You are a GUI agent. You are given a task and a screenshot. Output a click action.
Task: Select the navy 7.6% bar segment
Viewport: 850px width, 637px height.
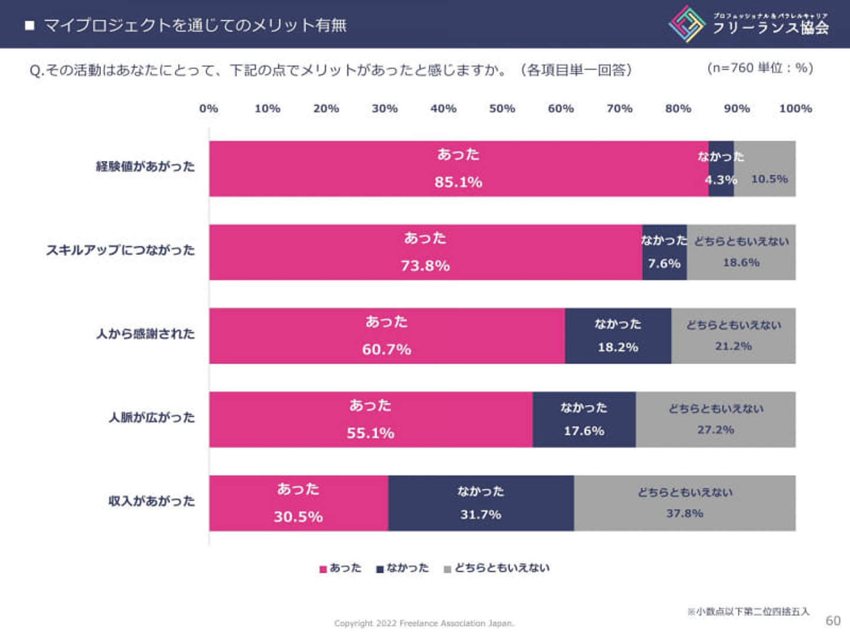[x=664, y=252]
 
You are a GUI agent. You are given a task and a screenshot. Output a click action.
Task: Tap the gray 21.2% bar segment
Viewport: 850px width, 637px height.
[x=733, y=336]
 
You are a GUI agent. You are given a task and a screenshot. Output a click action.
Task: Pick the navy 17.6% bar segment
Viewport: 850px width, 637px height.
[x=584, y=419]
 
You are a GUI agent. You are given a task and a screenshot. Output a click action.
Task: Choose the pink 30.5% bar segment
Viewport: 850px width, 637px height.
[x=298, y=503]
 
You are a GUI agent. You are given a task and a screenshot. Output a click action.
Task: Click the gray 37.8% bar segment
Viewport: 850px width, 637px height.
[x=685, y=503]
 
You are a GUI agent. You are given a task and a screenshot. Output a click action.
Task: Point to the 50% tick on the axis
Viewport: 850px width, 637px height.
[x=502, y=109]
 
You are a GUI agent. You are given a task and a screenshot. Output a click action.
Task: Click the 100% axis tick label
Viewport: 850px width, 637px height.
[x=795, y=109]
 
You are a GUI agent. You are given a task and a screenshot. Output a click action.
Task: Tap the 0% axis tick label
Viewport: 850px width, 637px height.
[x=208, y=109]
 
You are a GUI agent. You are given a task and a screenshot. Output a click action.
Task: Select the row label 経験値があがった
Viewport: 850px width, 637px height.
[x=145, y=166]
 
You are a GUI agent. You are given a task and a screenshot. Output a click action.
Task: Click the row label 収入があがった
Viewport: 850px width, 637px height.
[x=151, y=501]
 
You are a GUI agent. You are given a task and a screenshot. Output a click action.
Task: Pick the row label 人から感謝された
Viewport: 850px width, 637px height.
[x=145, y=334]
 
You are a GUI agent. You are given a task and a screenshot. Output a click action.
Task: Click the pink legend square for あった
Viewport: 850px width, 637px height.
[x=323, y=569]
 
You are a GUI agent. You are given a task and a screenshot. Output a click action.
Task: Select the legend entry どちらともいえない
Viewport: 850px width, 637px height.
[x=501, y=568]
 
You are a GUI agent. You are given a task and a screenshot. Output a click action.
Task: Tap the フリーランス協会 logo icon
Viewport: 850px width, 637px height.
[x=686, y=24]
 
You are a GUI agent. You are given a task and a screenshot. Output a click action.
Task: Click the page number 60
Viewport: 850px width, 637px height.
[x=833, y=620]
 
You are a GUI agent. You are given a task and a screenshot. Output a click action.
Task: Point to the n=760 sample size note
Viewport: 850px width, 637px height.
[x=760, y=68]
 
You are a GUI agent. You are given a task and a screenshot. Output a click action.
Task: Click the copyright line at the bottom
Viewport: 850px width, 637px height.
[x=424, y=623]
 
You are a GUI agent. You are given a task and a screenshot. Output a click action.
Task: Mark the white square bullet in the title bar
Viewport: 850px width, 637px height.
[x=30, y=25]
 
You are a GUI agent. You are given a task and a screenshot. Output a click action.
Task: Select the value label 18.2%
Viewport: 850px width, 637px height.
[x=617, y=347]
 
